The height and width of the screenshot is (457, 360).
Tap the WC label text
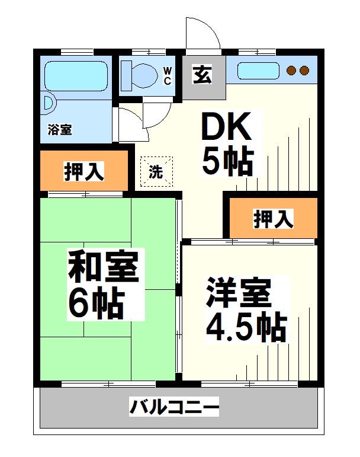click(168, 76)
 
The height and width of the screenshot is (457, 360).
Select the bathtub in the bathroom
click(77, 75)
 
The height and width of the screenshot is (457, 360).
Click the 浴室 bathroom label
click(60, 129)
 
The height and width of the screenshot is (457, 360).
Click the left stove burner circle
click(291, 71)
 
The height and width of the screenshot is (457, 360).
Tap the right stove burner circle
click(304, 71)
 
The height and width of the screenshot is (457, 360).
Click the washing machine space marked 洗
click(156, 172)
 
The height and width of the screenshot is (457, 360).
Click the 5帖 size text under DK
click(227, 160)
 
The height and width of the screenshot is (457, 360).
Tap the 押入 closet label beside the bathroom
click(84, 171)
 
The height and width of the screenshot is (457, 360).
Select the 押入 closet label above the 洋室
click(274, 219)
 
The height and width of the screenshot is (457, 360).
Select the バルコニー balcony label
click(175, 408)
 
